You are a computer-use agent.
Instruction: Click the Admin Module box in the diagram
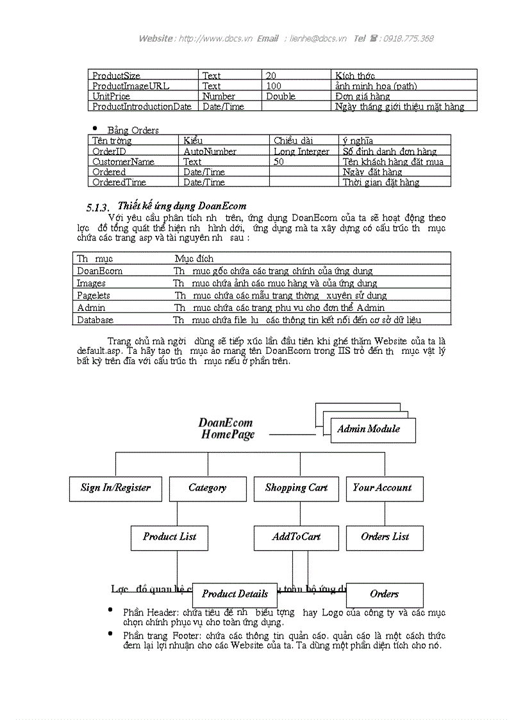tap(369, 430)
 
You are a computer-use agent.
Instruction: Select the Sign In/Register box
tap(115, 488)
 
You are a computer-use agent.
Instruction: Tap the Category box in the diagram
tap(207, 488)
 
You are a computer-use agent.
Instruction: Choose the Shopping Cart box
tap(296, 488)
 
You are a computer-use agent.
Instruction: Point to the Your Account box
tap(383, 488)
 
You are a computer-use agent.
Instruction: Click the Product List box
tap(169, 537)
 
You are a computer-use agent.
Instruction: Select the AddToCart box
tap(296, 537)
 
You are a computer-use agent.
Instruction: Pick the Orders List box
tap(385, 537)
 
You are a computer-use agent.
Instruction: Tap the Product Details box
tap(235, 594)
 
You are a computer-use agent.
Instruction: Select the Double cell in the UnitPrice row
tap(281, 96)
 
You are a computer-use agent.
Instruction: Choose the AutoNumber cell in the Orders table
tap(210, 151)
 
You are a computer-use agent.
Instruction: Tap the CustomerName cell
tap(123, 162)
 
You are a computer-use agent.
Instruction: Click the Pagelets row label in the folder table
tap(94, 296)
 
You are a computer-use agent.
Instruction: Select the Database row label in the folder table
tap(95, 319)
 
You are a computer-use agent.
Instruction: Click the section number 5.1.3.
tap(98, 207)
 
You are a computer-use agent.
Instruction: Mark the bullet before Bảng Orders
tap(95, 128)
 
